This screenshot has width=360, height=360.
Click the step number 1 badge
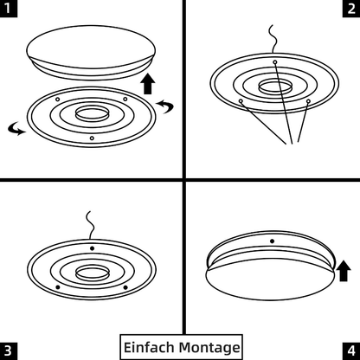pos(9,9)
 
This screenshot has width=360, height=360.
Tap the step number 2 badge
pos(351,9)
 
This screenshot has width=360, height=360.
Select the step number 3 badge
pos(9,351)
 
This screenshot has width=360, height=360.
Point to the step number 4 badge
pos(351,351)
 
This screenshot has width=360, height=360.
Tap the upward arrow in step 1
pos(148,84)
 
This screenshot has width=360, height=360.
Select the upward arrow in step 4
pos(344,271)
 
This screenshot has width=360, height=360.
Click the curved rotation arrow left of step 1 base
pos(16,129)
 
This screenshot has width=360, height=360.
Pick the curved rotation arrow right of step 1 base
pos(165,106)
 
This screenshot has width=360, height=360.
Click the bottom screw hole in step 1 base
pos(92,138)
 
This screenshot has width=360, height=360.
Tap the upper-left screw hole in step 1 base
pos(57,100)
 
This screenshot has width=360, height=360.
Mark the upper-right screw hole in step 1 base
pos(125,100)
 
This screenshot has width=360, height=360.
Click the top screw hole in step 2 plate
pos(275,62)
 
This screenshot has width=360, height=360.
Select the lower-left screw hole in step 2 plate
pos(241,101)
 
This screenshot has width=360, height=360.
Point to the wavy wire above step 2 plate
pos(273,39)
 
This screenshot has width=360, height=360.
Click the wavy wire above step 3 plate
pos(90,225)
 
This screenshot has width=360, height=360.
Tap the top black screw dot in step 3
pos(92,248)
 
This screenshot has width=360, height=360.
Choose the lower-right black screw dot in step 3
pos(125,287)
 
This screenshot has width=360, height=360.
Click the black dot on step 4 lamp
pos(272,241)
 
